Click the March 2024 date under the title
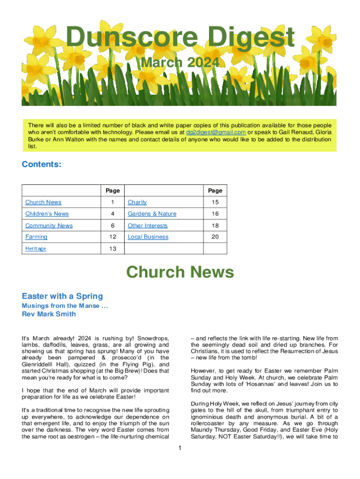coord(180,63)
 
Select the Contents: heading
coord(42,165)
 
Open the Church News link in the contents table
coord(43,202)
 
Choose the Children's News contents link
coord(47,214)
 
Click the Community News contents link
coord(49,225)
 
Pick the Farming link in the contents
coord(36,237)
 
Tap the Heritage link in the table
coord(36,248)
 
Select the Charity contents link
coord(137,202)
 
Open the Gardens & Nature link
coord(152,214)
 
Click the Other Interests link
coord(147,225)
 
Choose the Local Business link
coord(148,237)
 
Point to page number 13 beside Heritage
coord(113,248)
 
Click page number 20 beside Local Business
coord(215,237)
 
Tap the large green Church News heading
coord(180,272)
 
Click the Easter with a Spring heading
coord(62,296)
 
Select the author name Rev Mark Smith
coord(49,314)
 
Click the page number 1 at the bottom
coord(180,449)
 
